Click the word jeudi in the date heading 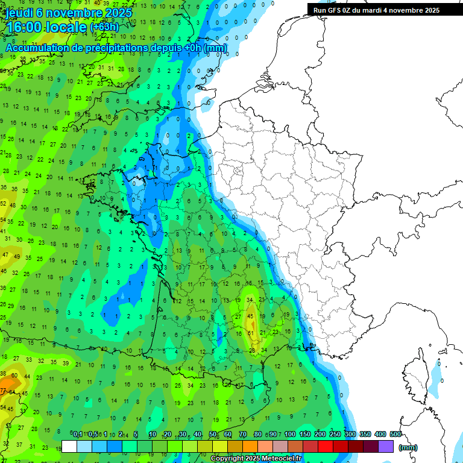pyautogui.click(x=20, y=13)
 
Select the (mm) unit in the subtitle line pyautogui.click(x=215, y=48)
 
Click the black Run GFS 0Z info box pyautogui.click(x=377, y=10)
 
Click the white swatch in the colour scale pyautogui.click(x=69, y=446)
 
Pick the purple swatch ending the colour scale pyautogui.click(x=386, y=446)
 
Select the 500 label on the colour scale pyautogui.click(x=395, y=434)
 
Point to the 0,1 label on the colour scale pyautogui.click(x=77, y=434)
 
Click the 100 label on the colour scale pyautogui.click(x=290, y=434)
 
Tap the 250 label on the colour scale pyautogui.click(x=335, y=434)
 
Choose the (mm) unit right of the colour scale pyautogui.click(x=408, y=447)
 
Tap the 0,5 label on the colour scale pyautogui.click(x=93, y=434)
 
